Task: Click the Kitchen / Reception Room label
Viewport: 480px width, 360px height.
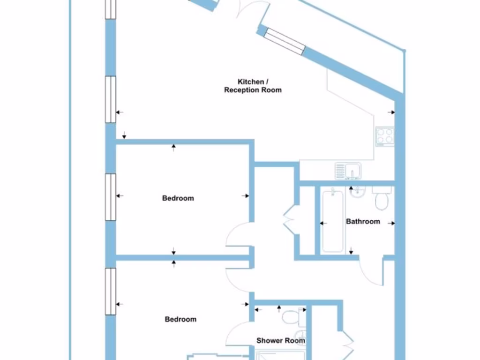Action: point(253,86)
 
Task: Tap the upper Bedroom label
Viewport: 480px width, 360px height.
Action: point(178,198)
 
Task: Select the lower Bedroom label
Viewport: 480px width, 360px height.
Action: point(180,319)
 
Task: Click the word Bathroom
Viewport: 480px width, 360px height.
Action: point(363,221)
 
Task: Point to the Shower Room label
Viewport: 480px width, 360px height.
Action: point(280,341)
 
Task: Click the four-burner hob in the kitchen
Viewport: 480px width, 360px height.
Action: point(385,136)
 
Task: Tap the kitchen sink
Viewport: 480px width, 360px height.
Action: point(348,171)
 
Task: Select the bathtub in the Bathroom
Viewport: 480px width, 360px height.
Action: point(332,220)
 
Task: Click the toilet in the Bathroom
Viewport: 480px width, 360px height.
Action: point(382,199)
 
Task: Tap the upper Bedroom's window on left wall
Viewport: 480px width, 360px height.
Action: point(110,196)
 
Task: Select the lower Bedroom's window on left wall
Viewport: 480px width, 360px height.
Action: point(110,291)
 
